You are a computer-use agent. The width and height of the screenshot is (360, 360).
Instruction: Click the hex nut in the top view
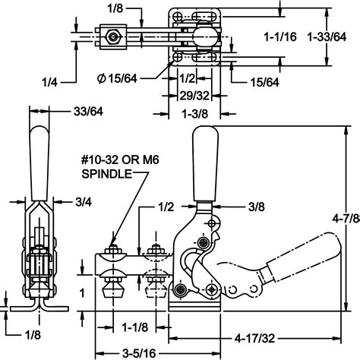[112, 36]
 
